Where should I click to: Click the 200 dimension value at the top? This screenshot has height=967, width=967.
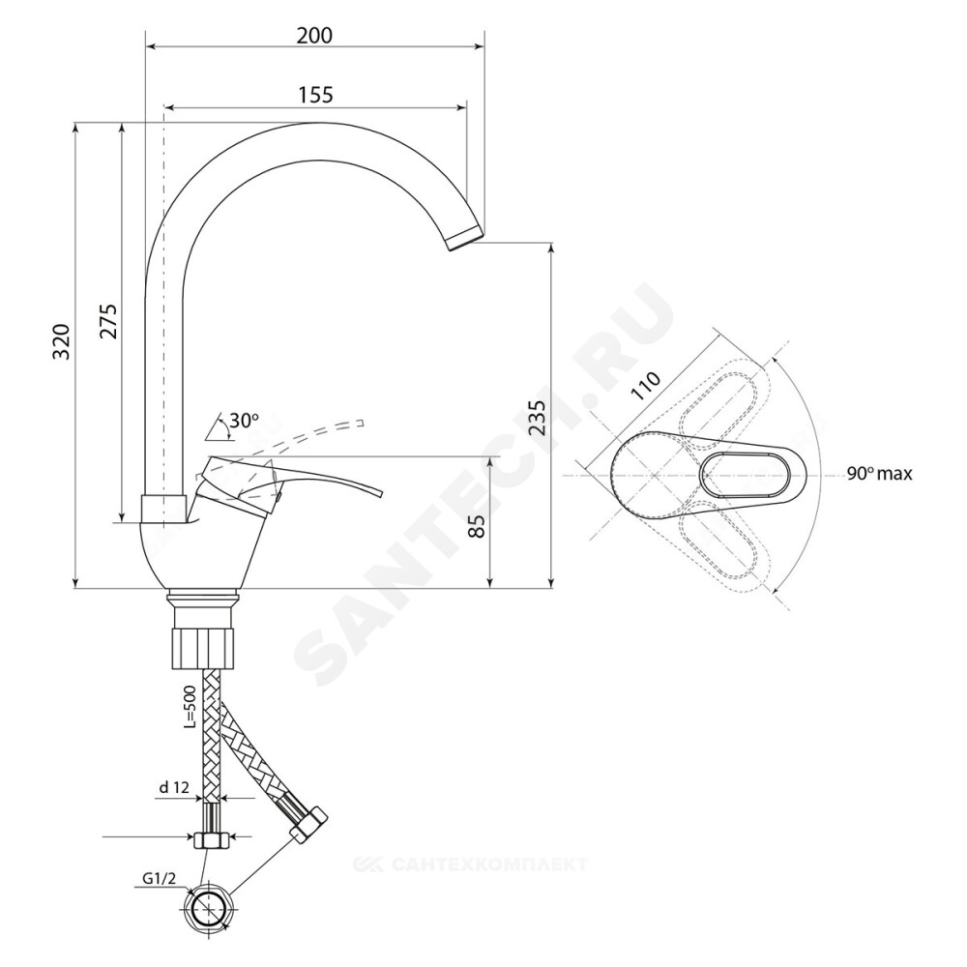coord(314,36)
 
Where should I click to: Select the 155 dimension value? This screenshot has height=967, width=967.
coord(315,95)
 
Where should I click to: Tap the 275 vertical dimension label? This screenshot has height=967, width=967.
coord(108,321)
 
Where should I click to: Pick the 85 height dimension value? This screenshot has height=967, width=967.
coord(477,527)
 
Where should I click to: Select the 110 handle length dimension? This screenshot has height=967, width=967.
coord(646,386)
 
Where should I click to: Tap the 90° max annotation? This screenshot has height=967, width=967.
coord(879,474)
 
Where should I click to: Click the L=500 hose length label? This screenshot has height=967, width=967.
coord(190,708)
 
